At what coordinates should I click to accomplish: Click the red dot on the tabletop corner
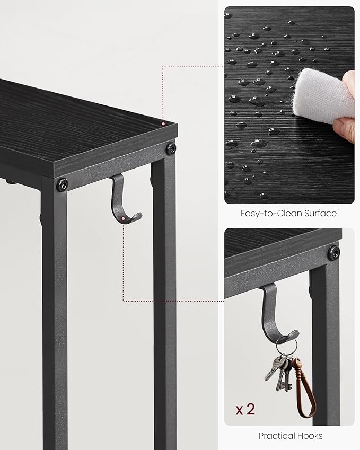coord(163,123)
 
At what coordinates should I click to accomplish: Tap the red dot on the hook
coord(123,218)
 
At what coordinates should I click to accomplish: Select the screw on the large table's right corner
coord(170,148)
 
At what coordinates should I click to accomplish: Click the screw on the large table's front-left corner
coord(63,184)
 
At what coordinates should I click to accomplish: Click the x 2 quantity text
coord(245,409)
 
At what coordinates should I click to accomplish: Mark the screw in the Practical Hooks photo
coord(333,252)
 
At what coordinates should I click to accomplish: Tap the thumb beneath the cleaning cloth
coord(345,128)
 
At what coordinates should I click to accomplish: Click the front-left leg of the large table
coord(55,318)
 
